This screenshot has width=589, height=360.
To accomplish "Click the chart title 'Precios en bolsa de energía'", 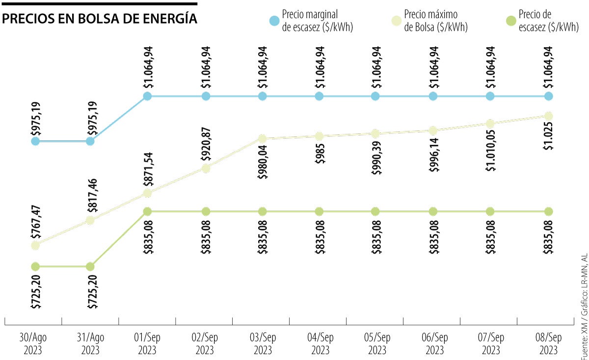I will pyautogui.click(x=100, y=19).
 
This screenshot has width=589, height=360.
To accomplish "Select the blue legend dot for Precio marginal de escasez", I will pyautogui.click(x=275, y=22).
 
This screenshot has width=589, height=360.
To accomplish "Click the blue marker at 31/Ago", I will pyautogui.click(x=90, y=141).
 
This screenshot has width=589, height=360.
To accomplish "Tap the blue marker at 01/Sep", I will pyautogui.click(x=147, y=96).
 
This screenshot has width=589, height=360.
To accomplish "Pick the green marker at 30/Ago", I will pyautogui.click(x=35, y=267).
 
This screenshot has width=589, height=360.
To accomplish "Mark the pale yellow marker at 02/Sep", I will pyautogui.click(x=206, y=168).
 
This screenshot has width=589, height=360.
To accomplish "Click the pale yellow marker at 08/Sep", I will pyautogui.click(x=548, y=116).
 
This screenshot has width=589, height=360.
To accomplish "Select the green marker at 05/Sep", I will pyautogui.click(x=375, y=211).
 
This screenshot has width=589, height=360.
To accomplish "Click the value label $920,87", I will pyautogui.click(x=206, y=146).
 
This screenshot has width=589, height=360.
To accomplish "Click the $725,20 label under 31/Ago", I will pyautogui.click(x=90, y=291).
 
